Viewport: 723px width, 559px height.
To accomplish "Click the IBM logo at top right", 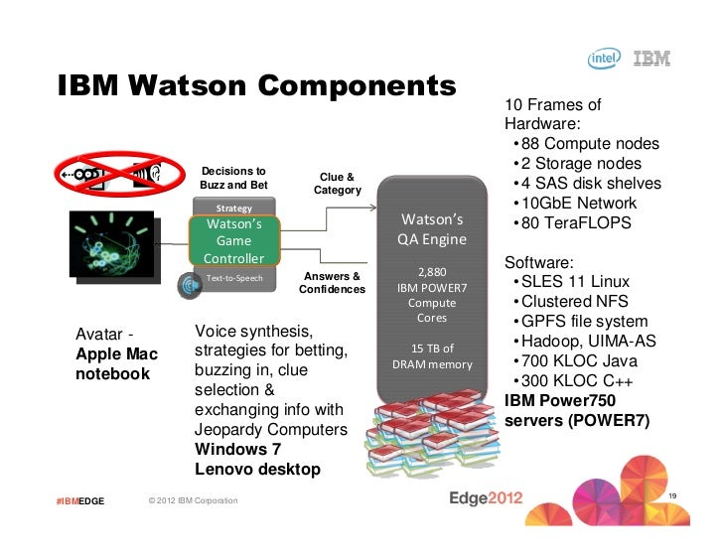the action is pyautogui.click(x=651, y=60).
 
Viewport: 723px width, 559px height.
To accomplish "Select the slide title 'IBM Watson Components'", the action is pyautogui.click(x=255, y=88).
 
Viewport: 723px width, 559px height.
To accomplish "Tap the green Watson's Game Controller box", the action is pyautogui.click(x=233, y=241).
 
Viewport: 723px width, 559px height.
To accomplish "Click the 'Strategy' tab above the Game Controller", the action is pyautogui.click(x=233, y=209).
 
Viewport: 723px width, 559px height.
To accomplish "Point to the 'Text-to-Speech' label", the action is pyautogui.click(x=234, y=278).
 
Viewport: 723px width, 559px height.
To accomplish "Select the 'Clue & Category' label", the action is pyautogui.click(x=338, y=183).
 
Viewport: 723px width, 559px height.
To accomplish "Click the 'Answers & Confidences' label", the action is pyautogui.click(x=332, y=283).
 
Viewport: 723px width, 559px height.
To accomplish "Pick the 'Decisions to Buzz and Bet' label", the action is pyautogui.click(x=233, y=177).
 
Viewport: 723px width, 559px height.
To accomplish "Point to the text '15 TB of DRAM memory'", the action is pyautogui.click(x=432, y=356).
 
